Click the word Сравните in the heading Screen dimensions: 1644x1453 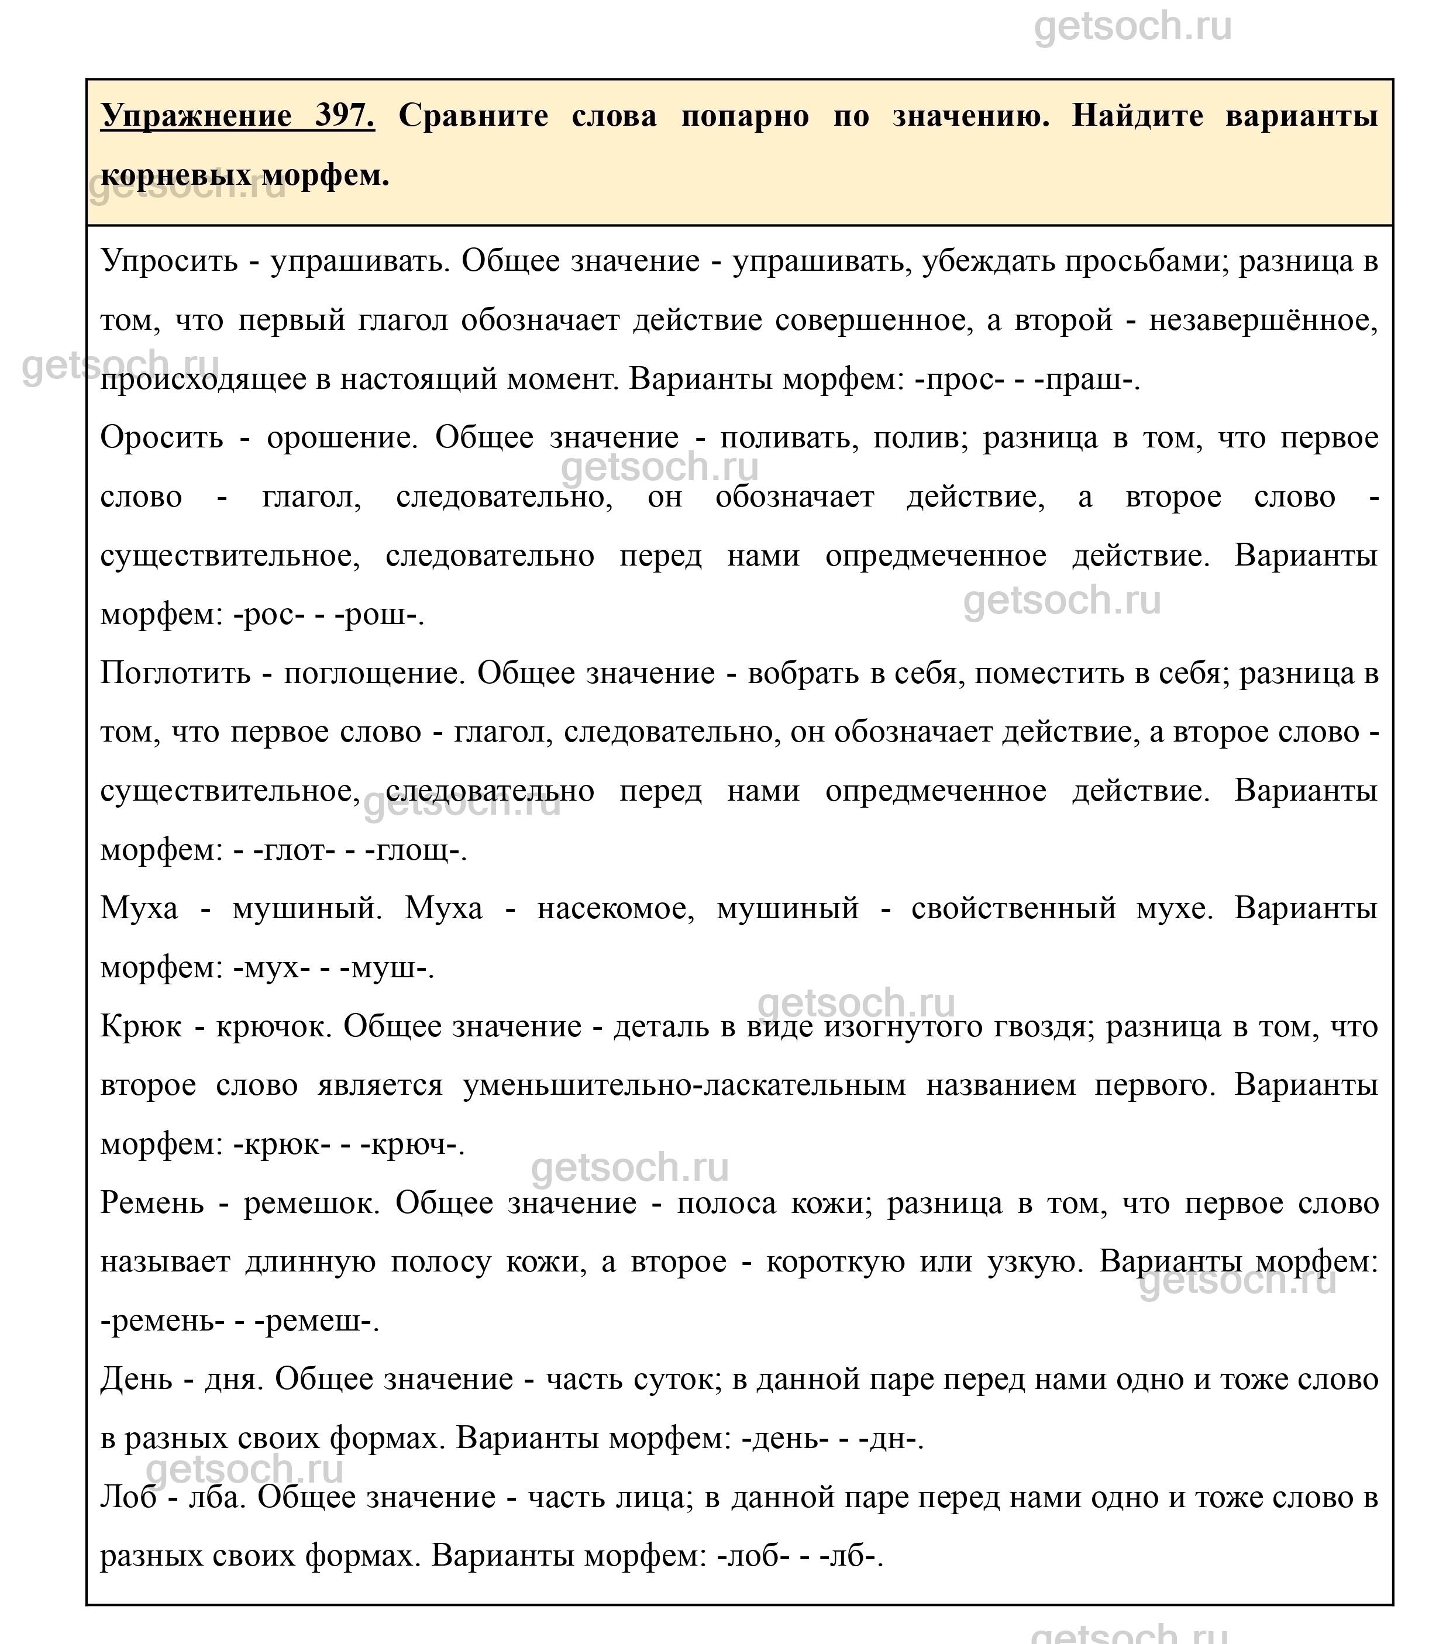point(473,116)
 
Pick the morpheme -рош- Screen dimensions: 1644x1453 point(380,615)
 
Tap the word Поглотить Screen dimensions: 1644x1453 point(175,673)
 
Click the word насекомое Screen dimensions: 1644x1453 point(615,909)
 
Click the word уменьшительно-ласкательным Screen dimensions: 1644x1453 point(684,1086)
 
